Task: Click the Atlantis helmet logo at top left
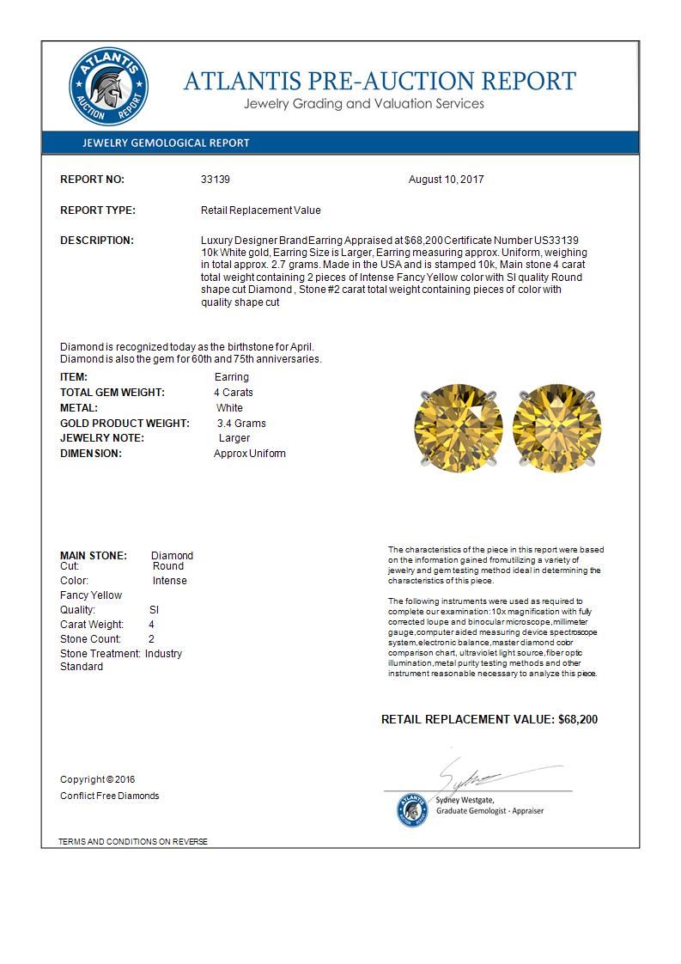point(108,88)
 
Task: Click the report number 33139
point(216,180)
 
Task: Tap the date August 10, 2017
point(447,180)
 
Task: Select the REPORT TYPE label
point(97,210)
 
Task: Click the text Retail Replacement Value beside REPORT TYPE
point(260,210)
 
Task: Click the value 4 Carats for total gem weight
point(234,393)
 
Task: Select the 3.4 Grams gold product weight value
point(241,424)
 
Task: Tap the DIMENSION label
point(90,454)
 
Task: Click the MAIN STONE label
point(93,556)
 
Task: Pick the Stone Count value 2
point(151,639)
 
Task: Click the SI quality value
point(154,610)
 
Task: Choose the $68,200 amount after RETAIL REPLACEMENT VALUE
point(578,719)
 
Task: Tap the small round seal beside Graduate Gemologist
point(411,809)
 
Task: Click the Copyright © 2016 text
point(98,779)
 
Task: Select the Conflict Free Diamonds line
point(109,796)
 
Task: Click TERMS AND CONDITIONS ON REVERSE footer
point(133,841)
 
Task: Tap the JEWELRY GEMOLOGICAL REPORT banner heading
point(166,143)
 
